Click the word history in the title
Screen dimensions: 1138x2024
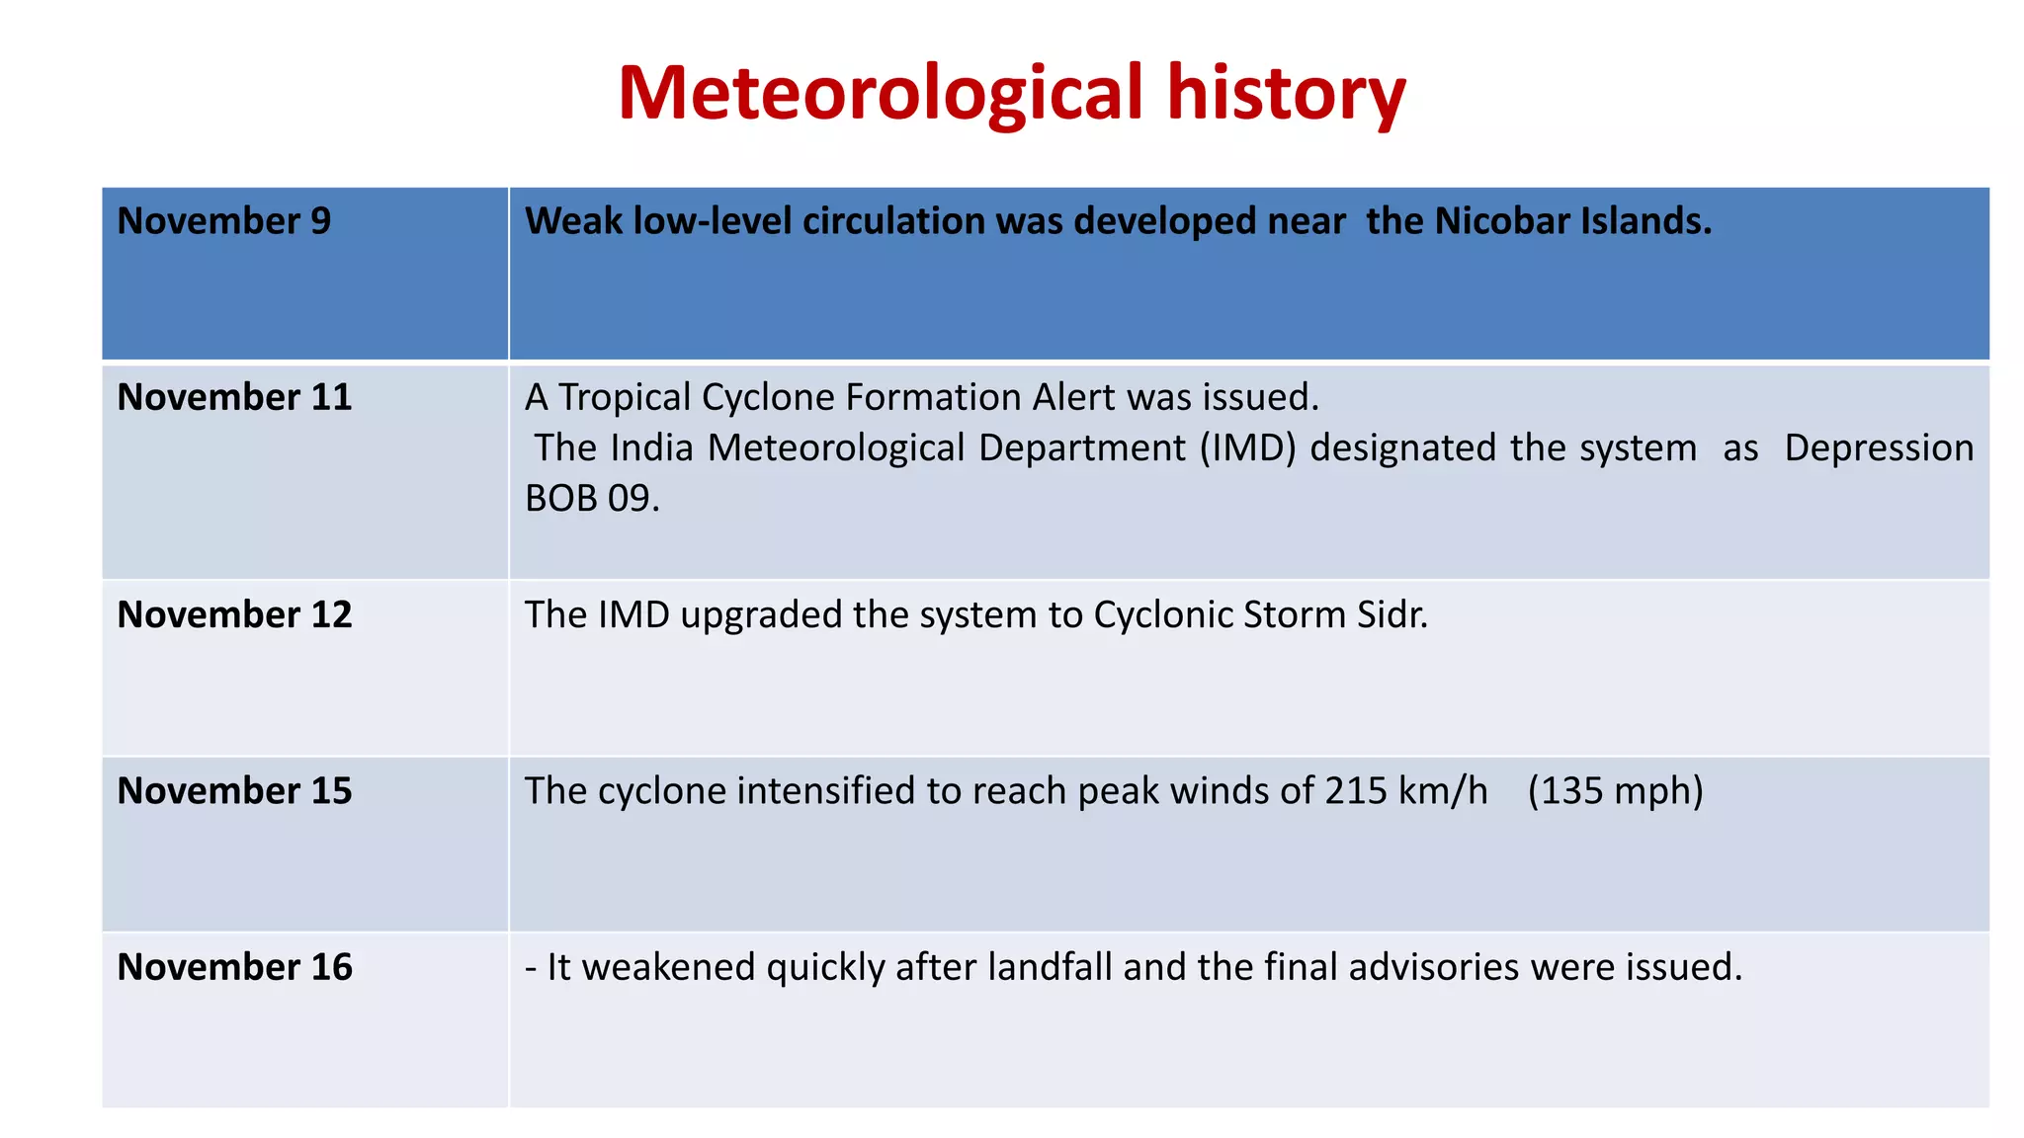tap(1286, 94)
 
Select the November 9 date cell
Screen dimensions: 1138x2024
tap(224, 221)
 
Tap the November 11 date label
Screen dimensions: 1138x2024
tap(234, 397)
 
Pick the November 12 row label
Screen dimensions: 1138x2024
tap(234, 614)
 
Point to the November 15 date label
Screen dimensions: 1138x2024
tap(234, 790)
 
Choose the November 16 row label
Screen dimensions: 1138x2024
tap(234, 966)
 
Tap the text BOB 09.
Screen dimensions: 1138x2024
tap(591, 499)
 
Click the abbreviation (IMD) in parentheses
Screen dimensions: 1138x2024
tap(1247, 448)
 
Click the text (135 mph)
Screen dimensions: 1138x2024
tap(1615, 790)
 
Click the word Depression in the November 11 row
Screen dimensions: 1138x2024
tap(1879, 448)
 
